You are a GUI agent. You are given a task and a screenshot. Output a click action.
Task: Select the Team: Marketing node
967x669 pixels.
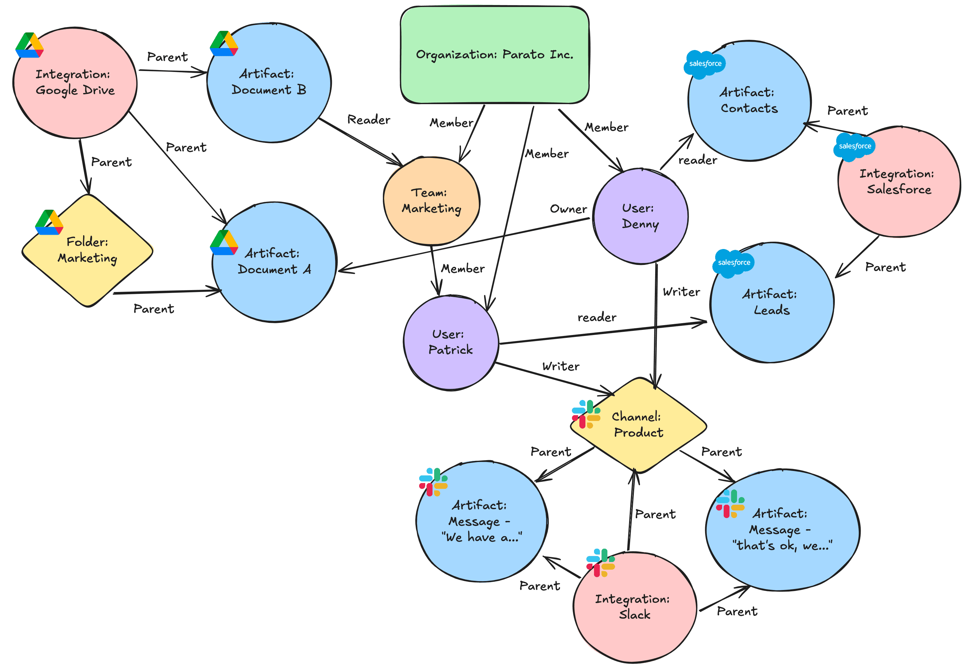(x=432, y=201)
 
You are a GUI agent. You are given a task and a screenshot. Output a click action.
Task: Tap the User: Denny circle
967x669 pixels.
(x=640, y=216)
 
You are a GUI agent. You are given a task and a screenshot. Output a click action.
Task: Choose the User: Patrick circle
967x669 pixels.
(x=451, y=343)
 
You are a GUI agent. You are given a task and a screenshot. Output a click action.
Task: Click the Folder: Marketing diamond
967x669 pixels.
(x=87, y=250)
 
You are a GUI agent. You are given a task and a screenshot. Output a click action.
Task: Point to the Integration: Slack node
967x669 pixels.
(x=634, y=607)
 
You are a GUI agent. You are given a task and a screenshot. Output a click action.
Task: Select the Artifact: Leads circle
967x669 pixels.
(x=771, y=302)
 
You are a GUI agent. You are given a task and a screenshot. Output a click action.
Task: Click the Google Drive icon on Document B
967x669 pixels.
(x=224, y=44)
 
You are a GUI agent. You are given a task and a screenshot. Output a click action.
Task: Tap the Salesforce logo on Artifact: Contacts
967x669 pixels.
(x=705, y=64)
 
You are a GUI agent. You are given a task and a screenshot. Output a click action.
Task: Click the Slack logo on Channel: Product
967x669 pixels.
(x=586, y=414)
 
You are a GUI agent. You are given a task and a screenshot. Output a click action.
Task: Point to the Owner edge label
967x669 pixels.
(x=568, y=209)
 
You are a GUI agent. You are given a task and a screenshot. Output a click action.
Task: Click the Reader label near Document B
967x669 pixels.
(x=369, y=120)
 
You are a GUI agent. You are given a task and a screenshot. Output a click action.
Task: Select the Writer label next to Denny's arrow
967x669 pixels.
(x=681, y=292)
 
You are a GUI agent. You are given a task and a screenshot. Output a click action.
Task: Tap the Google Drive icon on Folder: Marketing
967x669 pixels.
(x=49, y=222)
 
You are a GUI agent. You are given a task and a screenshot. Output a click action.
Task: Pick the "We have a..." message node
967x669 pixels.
(x=481, y=521)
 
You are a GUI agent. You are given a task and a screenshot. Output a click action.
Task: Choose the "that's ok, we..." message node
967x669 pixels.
(x=782, y=530)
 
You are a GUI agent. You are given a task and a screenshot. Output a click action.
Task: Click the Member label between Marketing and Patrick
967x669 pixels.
(x=462, y=269)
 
